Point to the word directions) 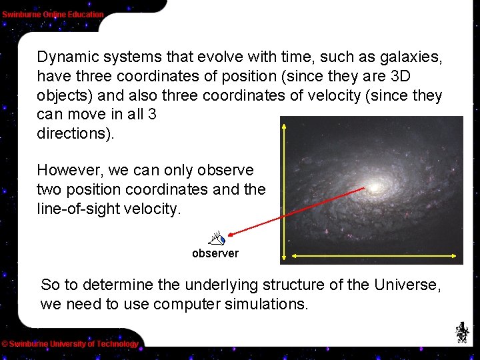75,133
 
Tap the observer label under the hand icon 215,253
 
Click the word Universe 407,285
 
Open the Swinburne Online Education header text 53,14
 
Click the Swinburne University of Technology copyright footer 70,344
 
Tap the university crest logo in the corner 461,332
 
